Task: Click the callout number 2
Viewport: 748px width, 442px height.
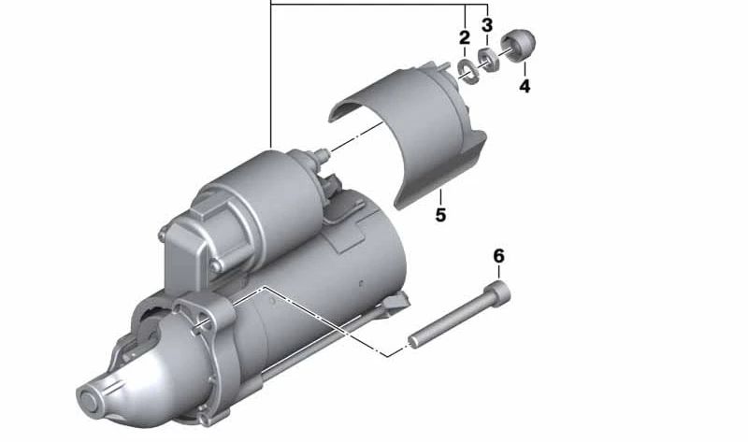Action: tap(465, 38)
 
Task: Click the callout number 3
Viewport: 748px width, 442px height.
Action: tap(487, 25)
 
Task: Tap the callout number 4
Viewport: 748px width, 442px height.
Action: tap(525, 86)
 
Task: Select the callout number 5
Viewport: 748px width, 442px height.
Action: tap(440, 216)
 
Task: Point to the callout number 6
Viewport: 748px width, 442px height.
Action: tap(498, 255)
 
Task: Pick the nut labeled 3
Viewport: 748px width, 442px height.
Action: tap(487, 60)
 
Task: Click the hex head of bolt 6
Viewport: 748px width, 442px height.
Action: tap(502, 295)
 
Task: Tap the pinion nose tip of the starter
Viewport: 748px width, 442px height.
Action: tap(93, 400)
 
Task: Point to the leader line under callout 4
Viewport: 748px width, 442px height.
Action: tap(525, 68)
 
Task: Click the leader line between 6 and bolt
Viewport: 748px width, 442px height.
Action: tap(498, 274)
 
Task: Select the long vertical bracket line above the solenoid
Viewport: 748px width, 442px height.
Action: tap(271, 75)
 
